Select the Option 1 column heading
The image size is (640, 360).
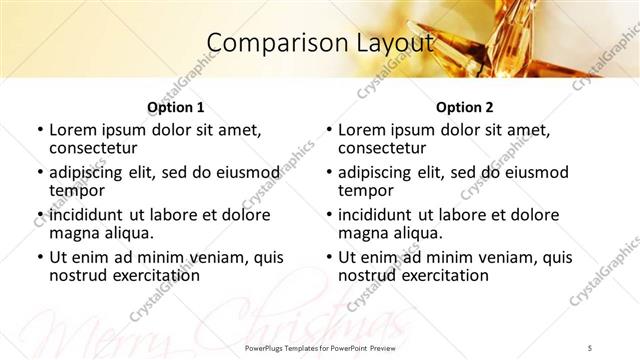pos(176,107)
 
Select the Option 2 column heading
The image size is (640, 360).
pos(465,107)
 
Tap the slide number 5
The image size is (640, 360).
pos(590,346)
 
